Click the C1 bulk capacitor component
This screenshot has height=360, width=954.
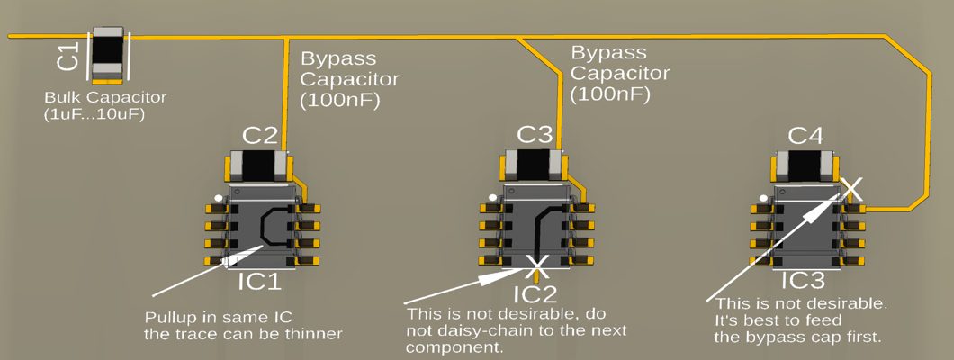coord(108,52)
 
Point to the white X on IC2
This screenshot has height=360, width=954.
coord(537,265)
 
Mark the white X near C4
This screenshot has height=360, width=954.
coord(851,189)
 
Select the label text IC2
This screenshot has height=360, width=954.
coord(537,293)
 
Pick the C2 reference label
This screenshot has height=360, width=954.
coord(260,136)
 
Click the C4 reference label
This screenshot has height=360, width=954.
coord(805,136)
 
